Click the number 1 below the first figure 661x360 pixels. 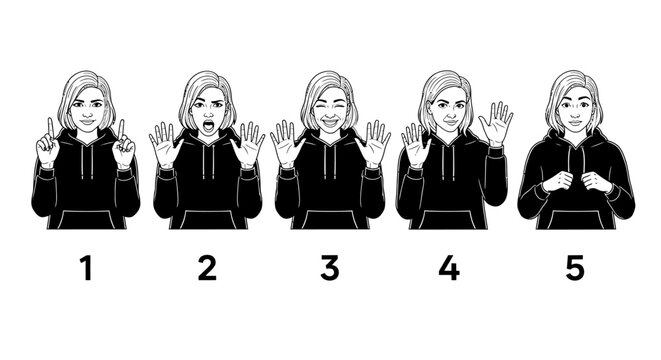tap(86, 268)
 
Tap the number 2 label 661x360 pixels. tap(207, 268)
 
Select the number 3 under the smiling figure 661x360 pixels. tap(329, 268)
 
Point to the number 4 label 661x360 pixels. tap(450, 268)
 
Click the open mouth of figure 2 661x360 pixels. tap(208, 127)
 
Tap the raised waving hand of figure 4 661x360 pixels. tap(495, 125)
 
